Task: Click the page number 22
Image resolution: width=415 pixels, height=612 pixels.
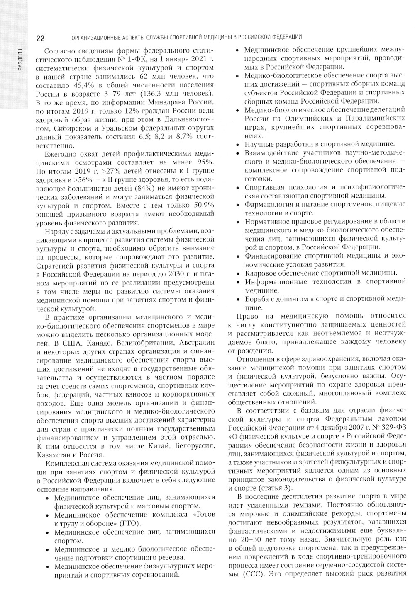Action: point(40,39)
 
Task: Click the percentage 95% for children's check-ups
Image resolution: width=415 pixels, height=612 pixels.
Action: point(205,162)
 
